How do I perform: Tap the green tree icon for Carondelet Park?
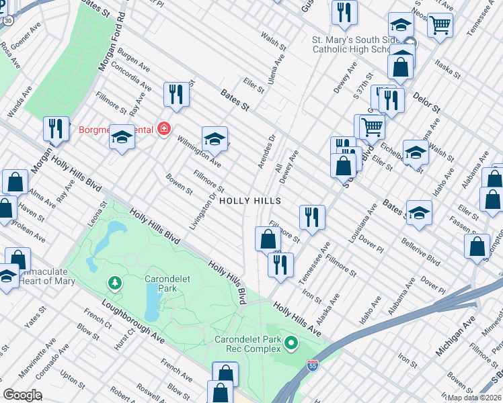tap(115, 283)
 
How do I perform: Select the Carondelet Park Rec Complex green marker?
tap(291, 344)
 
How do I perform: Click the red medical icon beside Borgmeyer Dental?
tap(163, 128)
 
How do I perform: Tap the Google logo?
tap(22, 395)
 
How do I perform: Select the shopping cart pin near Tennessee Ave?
tap(440, 25)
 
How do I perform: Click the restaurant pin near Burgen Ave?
tap(176, 94)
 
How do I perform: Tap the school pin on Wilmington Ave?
tap(215, 139)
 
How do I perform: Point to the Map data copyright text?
tap(475, 397)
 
